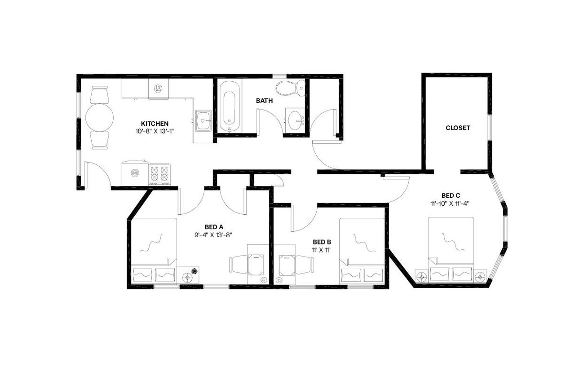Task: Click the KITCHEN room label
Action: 155,124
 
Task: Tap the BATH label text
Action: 264,101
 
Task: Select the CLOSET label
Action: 458,128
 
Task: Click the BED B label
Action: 322,242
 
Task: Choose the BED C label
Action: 451,195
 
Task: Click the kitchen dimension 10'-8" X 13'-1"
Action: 155,131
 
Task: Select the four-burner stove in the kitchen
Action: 159,174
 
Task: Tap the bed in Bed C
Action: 451,249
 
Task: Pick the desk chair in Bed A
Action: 238,264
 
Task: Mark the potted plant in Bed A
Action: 195,271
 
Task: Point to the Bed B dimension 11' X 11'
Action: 322,249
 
